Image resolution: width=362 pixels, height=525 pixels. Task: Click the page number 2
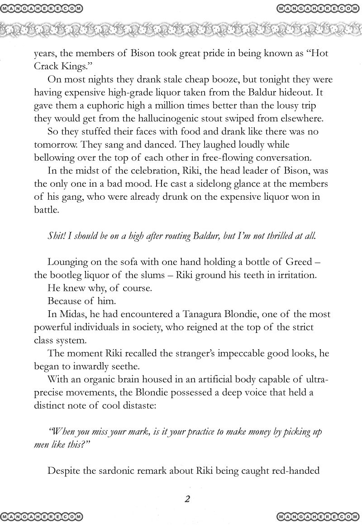pos(186,500)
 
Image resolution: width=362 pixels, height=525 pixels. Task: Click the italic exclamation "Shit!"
pos(56,237)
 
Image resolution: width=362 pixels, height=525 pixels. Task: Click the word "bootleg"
pos(66,276)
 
